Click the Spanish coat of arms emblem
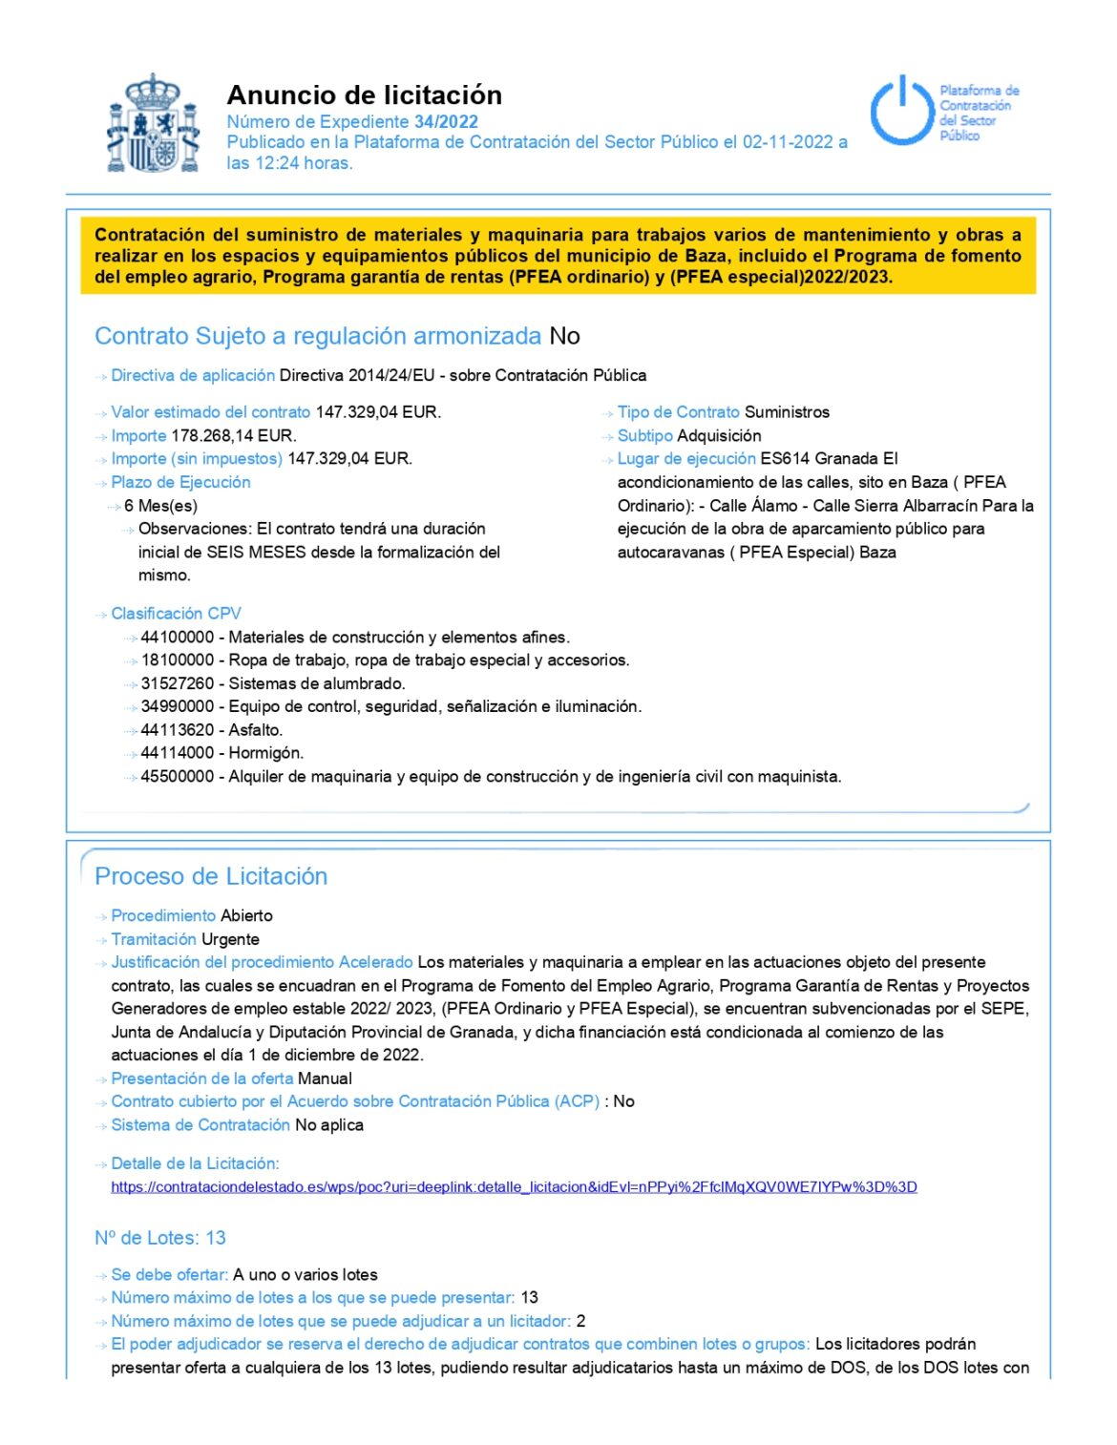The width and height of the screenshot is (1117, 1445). (x=153, y=124)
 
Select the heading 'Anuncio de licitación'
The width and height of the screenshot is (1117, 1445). (x=364, y=95)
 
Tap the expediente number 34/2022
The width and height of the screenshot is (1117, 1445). (x=446, y=122)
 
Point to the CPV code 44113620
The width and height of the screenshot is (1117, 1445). (x=178, y=730)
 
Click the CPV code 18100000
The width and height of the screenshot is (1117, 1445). (x=178, y=660)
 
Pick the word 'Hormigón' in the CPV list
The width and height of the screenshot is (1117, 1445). (x=266, y=753)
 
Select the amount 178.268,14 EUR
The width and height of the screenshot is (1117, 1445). (x=234, y=436)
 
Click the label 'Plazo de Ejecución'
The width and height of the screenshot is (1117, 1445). (x=180, y=483)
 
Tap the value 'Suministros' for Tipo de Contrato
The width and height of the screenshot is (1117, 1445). (x=787, y=412)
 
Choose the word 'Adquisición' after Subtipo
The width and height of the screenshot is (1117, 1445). (x=719, y=436)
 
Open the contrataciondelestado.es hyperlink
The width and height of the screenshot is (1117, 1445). (x=514, y=1187)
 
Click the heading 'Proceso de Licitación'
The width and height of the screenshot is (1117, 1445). (x=211, y=876)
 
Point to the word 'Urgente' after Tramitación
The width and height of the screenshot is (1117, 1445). (x=230, y=940)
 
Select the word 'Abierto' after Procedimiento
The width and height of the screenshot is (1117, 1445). (x=246, y=916)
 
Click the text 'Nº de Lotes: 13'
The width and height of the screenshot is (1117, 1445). (x=160, y=1238)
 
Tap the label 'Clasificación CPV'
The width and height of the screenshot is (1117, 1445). (x=176, y=614)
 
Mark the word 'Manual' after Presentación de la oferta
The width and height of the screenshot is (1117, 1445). (x=325, y=1079)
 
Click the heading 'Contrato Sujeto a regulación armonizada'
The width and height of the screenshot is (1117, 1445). (x=318, y=337)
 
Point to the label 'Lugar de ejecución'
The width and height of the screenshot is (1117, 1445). (x=686, y=459)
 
